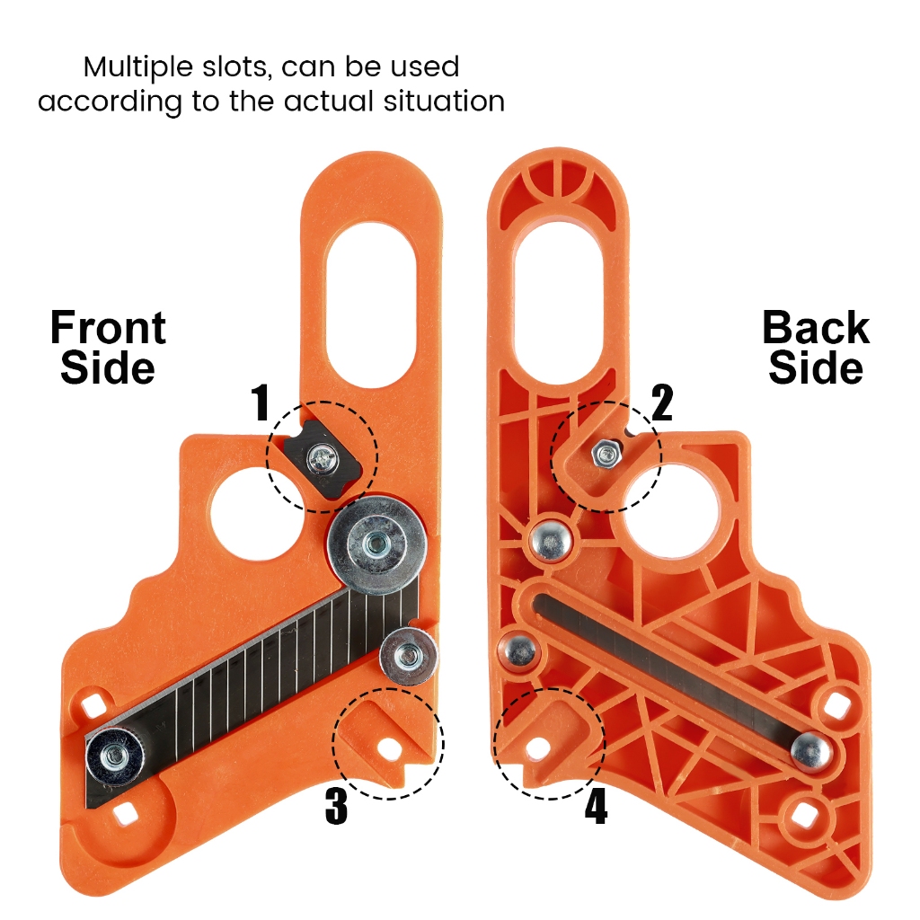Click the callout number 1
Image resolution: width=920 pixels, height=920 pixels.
(x=261, y=403)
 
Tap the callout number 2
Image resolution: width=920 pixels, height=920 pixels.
(x=661, y=403)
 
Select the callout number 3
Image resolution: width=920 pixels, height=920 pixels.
(x=335, y=807)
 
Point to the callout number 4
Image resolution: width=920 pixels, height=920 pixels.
(x=596, y=807)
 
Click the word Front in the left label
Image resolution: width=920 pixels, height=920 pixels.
(x=108, y=328)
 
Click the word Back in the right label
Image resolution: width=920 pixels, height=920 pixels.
(x=816, y=328)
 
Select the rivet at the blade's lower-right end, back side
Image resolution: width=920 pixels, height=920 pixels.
(x=810, y=748)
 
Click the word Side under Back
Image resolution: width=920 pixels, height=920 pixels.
(x=816, y=368)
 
